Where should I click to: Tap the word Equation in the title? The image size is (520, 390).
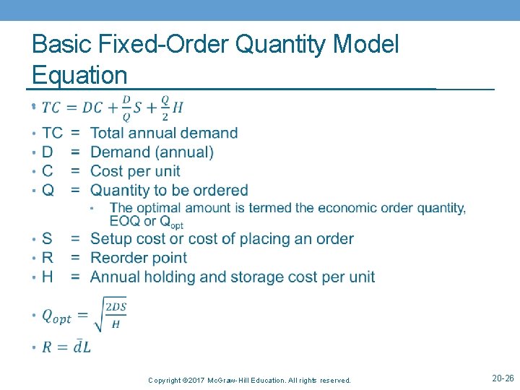(79, 74)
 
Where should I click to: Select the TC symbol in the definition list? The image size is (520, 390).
(52, 133)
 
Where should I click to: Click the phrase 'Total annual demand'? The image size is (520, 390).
(164, 133)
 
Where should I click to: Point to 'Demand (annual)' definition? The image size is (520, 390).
(152, 152)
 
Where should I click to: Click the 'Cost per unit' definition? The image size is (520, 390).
(135, 171)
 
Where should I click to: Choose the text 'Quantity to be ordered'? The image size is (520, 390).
(169, 191)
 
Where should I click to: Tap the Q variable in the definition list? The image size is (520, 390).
(48, 191)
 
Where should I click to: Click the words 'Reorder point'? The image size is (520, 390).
(139, 258)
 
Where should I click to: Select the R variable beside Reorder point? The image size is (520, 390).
(48, 258)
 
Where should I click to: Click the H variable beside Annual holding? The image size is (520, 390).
(48, 277)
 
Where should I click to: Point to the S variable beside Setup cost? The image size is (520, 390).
(47, 239)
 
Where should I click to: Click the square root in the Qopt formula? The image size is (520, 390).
(100, 316)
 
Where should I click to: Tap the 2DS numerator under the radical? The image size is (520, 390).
(116, 307)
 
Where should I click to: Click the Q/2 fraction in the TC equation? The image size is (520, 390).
(165, 108)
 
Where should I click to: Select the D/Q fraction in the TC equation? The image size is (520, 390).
(126, 108)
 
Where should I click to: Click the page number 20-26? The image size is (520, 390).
(503, 378)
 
